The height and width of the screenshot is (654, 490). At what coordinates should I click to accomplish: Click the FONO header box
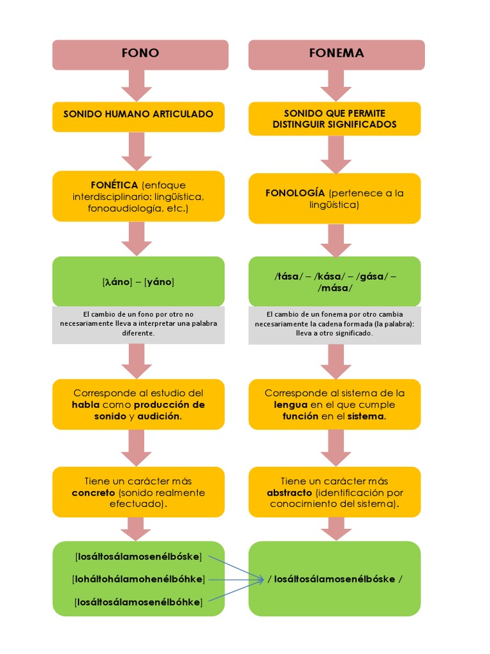click(x=140, y=54)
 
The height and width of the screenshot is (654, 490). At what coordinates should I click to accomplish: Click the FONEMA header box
click(x=336, y=54)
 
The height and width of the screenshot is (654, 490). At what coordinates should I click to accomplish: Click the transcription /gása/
click(x=371, y=277)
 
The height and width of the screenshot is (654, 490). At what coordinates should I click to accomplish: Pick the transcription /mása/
click(x=335, y=288)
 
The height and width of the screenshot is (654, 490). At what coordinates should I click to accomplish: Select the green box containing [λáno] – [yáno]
click(x=138, y=281)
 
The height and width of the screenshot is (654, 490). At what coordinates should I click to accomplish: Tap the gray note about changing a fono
click(x=138, y=324)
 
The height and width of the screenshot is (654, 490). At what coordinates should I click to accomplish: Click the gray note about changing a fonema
click(x=334, y=324)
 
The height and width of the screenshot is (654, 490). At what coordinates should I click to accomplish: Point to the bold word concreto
click(x=94, y=493)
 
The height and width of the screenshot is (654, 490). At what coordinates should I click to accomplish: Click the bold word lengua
click(x=291, y=405)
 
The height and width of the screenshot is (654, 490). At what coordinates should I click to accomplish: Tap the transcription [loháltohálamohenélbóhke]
click(x=138, y=579)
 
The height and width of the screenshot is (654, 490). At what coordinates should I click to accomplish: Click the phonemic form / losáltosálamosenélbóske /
click(x=335, y=579)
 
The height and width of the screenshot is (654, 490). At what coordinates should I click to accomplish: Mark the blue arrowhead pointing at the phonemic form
click(x=262, y=579)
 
